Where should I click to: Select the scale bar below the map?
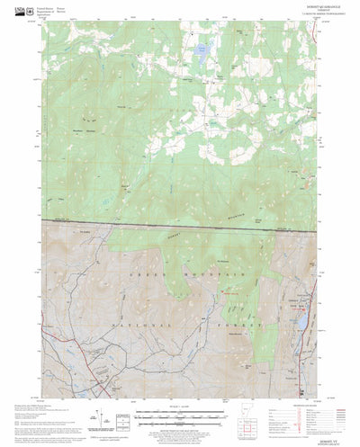coord(180,416)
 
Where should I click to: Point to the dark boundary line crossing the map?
coord(180,224)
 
